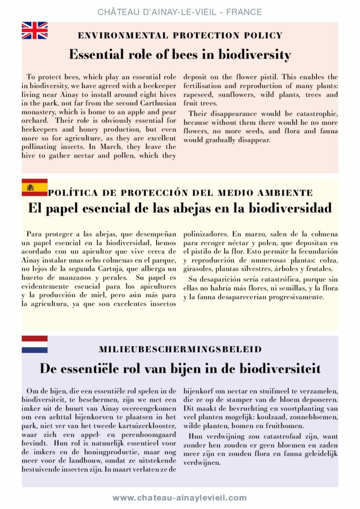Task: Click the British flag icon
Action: point(34,31)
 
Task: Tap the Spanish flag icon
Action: point(34,187)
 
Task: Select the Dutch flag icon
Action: point(34,344)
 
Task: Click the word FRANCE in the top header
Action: point(244,11)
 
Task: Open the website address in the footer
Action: point(180,498)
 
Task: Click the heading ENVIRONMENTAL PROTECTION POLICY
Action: point(180,36)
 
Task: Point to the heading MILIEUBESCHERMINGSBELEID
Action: point(180,349)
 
